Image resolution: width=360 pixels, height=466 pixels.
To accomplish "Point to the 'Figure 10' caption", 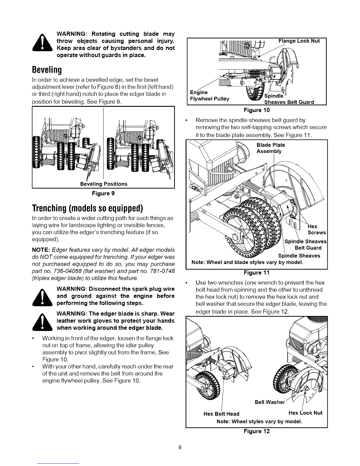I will point(257,110).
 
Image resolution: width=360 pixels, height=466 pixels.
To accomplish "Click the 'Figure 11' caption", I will point(257,272).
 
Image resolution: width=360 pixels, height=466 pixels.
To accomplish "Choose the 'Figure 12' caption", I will point(257,431).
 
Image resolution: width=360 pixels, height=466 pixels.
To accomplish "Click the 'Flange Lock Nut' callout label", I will point(299,41).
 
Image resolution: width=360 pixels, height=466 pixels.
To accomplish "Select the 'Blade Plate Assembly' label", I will point(271,148).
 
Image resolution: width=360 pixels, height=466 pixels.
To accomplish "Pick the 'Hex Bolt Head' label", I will point(221,414).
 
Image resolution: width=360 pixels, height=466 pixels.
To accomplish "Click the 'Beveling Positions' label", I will point(104,184).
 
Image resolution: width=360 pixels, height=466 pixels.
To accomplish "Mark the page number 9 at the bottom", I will point(180,448).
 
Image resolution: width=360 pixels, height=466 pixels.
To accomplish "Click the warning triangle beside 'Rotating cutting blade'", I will point(43,46).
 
